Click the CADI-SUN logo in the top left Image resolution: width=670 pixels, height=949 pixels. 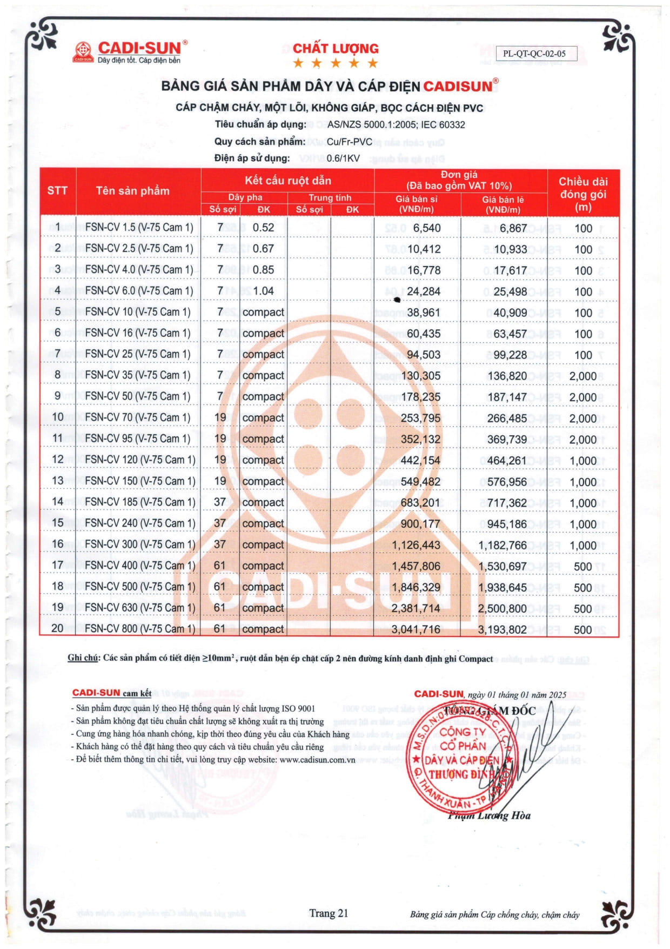click(x=130, y=52)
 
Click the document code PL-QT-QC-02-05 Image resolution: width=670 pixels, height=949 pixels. click(x=534, y=54)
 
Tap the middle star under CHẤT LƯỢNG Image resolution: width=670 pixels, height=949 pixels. click(x=336, y=63)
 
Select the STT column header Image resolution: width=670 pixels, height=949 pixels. click(x=57, y=190)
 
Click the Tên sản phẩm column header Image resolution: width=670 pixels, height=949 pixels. click(x=132, y=190)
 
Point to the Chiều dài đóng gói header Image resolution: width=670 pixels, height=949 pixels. click(x=583, y=194)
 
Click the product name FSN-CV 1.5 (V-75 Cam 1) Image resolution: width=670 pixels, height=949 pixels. click(x=139, y=228)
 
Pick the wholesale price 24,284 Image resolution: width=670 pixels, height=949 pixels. click(x=424, y=291)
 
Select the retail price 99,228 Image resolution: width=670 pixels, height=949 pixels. click(x=510, y=355)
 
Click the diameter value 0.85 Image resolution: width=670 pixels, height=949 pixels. click(x=263, y=270)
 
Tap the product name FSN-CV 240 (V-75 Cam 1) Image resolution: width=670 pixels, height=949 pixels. click(x=140, y=523)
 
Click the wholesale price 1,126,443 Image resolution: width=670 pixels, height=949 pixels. click(x=416, y=545)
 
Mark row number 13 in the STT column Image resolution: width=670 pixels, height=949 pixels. click(x=57, y=481)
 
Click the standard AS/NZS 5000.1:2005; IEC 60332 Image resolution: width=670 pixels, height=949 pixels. click(x=396, y=124)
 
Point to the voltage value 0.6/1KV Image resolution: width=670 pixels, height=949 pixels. click(x=343, y=158)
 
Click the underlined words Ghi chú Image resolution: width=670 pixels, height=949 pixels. click(x=83, y=658)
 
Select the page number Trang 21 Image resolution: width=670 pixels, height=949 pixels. click(x=329, y=913)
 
